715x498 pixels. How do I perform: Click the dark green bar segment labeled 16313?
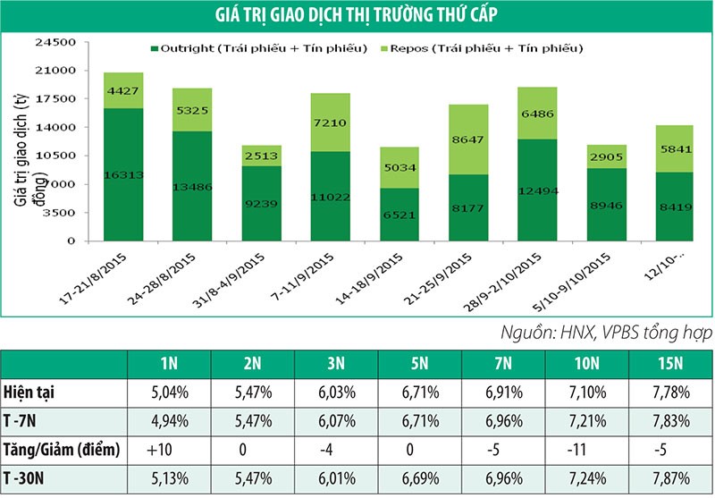click(123, 174)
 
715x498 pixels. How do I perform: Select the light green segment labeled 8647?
click(469, 139)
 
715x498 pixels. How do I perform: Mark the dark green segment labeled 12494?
click(538, 190)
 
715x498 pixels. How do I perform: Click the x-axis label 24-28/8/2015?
click(170, 277)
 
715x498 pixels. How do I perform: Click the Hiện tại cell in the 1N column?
click(164, 391)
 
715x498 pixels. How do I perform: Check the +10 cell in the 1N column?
click(164, 448)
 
